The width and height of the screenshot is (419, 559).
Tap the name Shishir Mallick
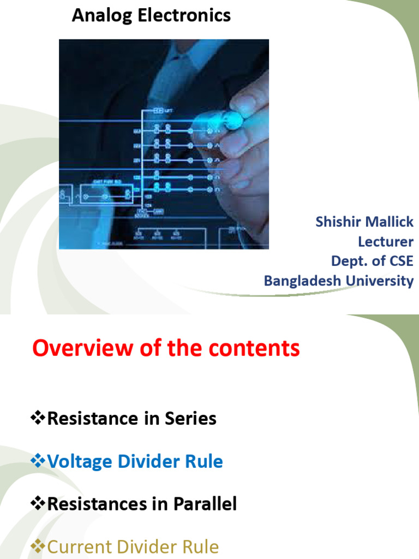click(x=364, y=222)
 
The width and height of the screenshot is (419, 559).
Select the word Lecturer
click(x=385, y=242)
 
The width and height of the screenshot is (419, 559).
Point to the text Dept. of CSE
click(x=372, y=261)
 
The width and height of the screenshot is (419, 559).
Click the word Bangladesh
click(x=307, y=281)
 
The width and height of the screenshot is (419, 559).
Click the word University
click(x=384, y=281)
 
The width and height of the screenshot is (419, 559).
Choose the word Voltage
click(x=82, y=462)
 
